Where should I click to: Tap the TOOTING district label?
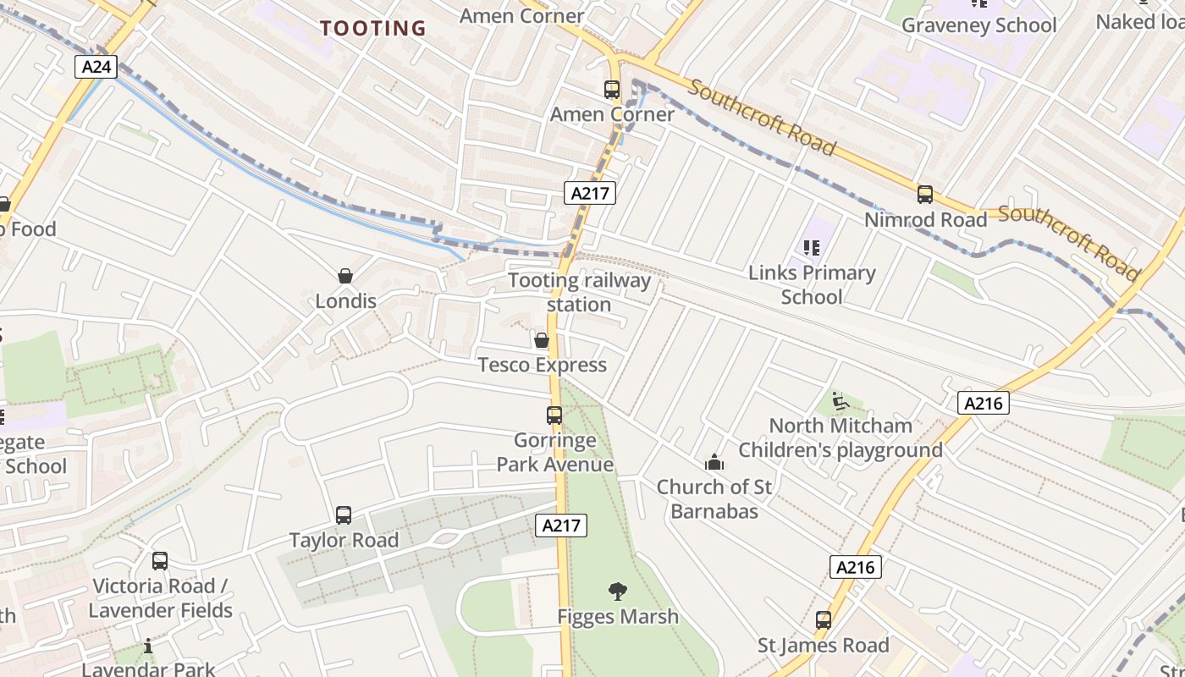coord(373,28)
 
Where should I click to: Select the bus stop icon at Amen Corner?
coord(611,90)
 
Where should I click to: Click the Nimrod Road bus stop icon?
coord(924,195)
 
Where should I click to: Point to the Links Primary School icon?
coord(812,248)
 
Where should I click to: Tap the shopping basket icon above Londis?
coord(345,276)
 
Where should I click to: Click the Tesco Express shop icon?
coord(542,340)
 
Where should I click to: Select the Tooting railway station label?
coord(580,292)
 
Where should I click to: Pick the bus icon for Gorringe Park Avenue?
coord(554,416)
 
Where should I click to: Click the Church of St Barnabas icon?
coord(714,462)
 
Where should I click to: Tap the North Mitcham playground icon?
coord(840,400)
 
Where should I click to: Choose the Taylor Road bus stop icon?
coord(343,515)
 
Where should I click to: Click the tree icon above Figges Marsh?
coord(618,592)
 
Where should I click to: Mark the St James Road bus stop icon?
coord(823,620)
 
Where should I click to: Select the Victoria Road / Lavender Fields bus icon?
coord(160,561)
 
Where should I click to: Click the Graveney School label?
coord(978,25)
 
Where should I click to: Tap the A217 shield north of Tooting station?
coord(589,193)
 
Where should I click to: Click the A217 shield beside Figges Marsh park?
coord(560,526)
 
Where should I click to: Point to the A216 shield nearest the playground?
coord(983,404)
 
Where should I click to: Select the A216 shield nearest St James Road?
coord(855,567)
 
